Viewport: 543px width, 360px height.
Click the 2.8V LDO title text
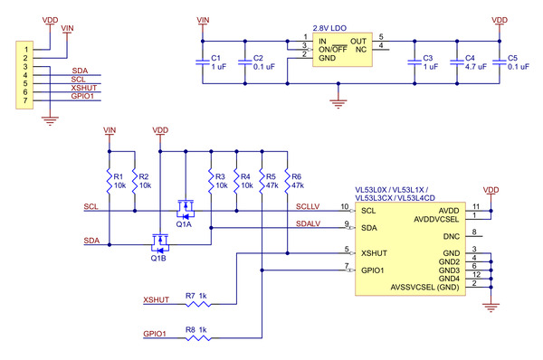pos(329,28)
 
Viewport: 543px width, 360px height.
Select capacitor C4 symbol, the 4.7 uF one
pos(457,62)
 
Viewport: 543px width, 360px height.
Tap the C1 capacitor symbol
pos(203,62)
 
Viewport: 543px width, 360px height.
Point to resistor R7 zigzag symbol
pos(198,304)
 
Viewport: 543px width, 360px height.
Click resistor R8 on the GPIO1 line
pos(198,338)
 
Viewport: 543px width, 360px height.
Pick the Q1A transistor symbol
pos(186,210)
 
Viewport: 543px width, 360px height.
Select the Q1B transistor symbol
pos(160,243)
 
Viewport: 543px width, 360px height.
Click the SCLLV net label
pos(308,206)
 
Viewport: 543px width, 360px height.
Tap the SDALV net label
pos(308,223)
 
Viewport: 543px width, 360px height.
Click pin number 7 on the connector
pos(25,100)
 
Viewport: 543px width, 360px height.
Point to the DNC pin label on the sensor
pos(452,236)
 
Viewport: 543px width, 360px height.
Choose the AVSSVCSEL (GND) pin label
pos(425,288)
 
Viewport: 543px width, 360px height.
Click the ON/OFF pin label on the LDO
pos(333,49)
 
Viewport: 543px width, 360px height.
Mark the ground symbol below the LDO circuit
pos(338,104)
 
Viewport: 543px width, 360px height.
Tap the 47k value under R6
pos(298,185)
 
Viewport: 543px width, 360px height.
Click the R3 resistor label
pos(220,176)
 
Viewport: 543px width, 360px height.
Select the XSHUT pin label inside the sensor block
pos(374,253)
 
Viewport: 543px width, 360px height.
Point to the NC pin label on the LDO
pos(361,50)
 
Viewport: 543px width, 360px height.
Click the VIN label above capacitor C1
pos(203,20)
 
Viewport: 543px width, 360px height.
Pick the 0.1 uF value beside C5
pos(519,66)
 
